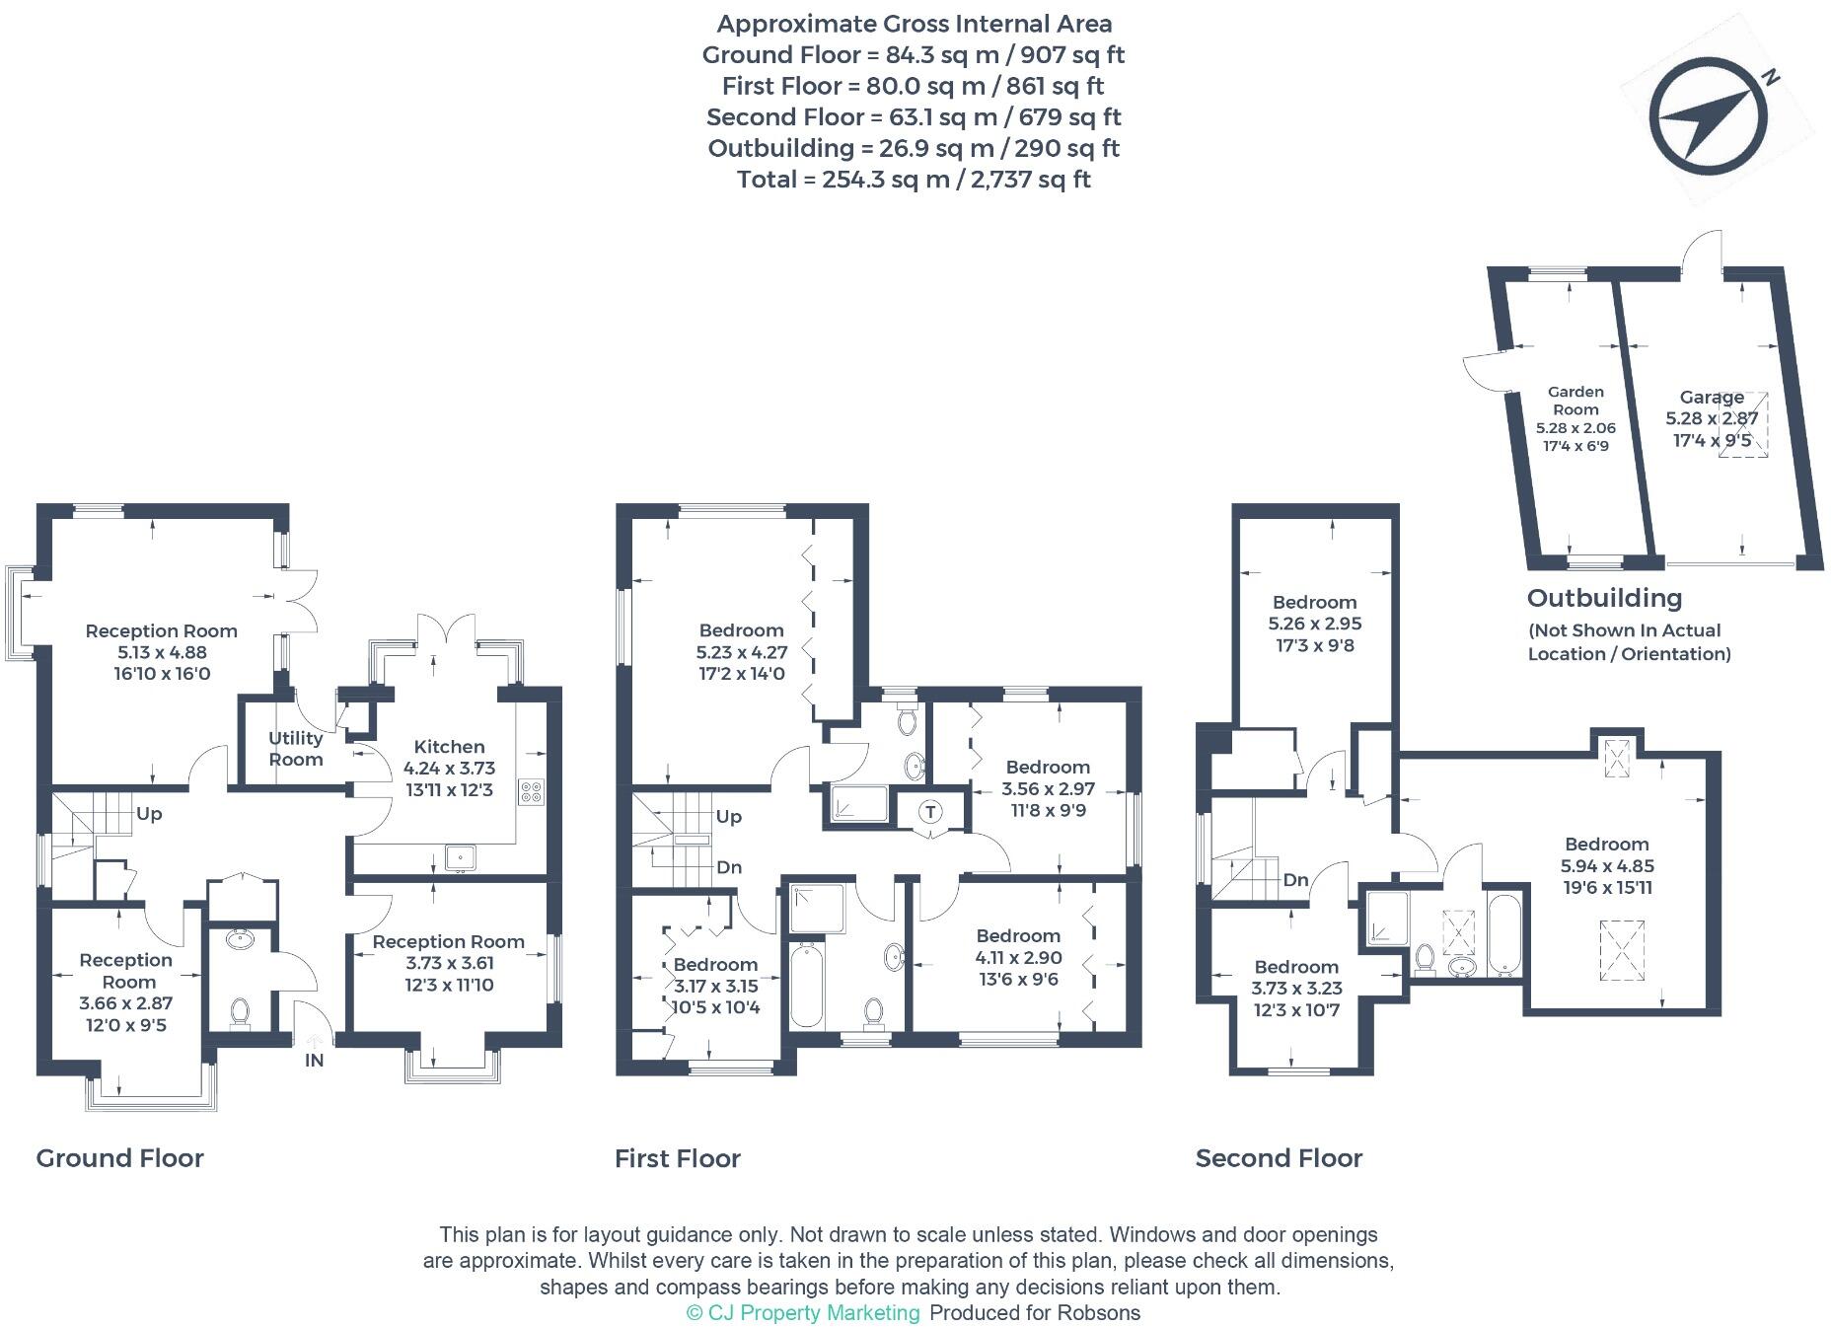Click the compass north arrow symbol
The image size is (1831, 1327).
coord(1709,116)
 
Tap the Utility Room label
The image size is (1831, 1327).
coord(295,749)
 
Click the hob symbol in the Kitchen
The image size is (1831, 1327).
coord(531,792)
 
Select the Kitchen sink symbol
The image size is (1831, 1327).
coord(460,857)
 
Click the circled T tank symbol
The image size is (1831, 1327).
coord(930,811)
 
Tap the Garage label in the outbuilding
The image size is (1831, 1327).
coord(1712,397)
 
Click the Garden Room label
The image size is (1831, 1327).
coord(1575,401)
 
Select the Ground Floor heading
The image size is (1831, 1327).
coord(119,1157)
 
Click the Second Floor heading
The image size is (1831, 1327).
coord(1279,1157)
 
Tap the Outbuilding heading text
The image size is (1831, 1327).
coord(1604,598)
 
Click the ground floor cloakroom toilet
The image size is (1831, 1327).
coord(239,1011)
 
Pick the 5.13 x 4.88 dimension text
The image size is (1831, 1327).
coord(161,652)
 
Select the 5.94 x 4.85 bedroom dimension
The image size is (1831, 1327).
coord(1607,865)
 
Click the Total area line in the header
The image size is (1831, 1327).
coord(914,180)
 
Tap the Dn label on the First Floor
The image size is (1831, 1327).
coord(729,867)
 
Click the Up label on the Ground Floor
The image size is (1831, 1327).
coord(149,814)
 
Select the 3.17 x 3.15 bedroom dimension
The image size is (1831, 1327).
coord(715,986)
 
